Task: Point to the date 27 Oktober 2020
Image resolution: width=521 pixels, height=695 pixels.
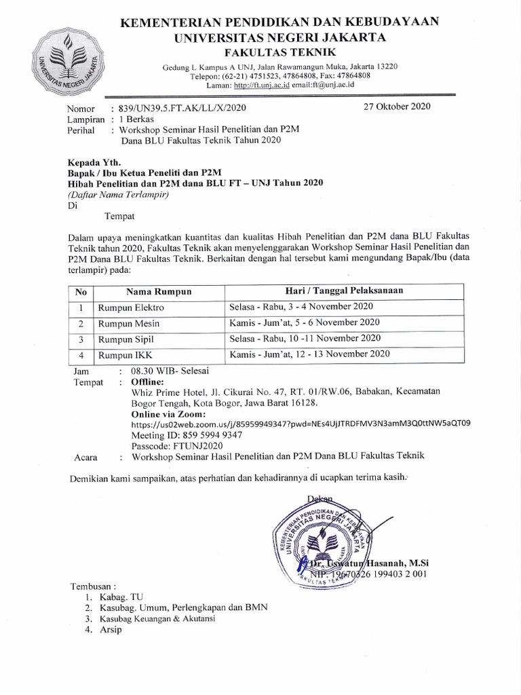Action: click(396, 107)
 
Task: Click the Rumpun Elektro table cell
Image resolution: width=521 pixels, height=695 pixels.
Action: click(132, 307)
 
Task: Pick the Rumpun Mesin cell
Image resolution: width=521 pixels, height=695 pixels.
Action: click(129, 322)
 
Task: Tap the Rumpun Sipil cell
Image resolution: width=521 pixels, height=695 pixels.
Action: click(126, 338)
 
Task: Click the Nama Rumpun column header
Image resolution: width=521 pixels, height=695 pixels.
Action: click(159, 291)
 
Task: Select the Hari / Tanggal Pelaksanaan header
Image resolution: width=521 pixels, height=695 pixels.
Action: click(345, 291)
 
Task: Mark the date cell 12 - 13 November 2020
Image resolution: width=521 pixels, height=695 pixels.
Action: click(309, 353)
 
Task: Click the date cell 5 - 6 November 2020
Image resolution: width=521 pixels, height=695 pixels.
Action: click(305, 322)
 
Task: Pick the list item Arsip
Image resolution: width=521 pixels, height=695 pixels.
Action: click(109, 630)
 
